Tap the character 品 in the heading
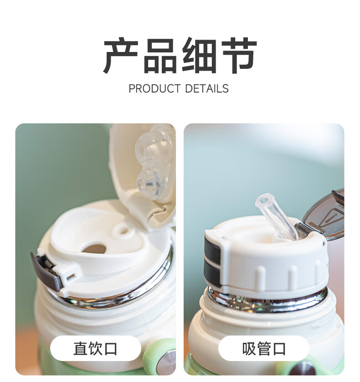click(160, 56)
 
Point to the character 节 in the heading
click(239, 56)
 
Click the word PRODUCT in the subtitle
click(154, 89)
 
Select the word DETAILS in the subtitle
click(207, 89)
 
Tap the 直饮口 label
click(96, 349)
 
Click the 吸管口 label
click(264, 349)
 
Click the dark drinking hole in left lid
click(94, 248)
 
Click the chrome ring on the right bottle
click(267, 300)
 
